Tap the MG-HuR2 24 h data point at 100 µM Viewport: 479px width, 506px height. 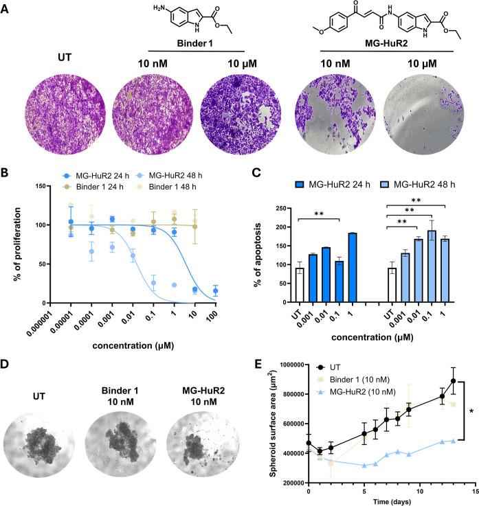tap(217, 291)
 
